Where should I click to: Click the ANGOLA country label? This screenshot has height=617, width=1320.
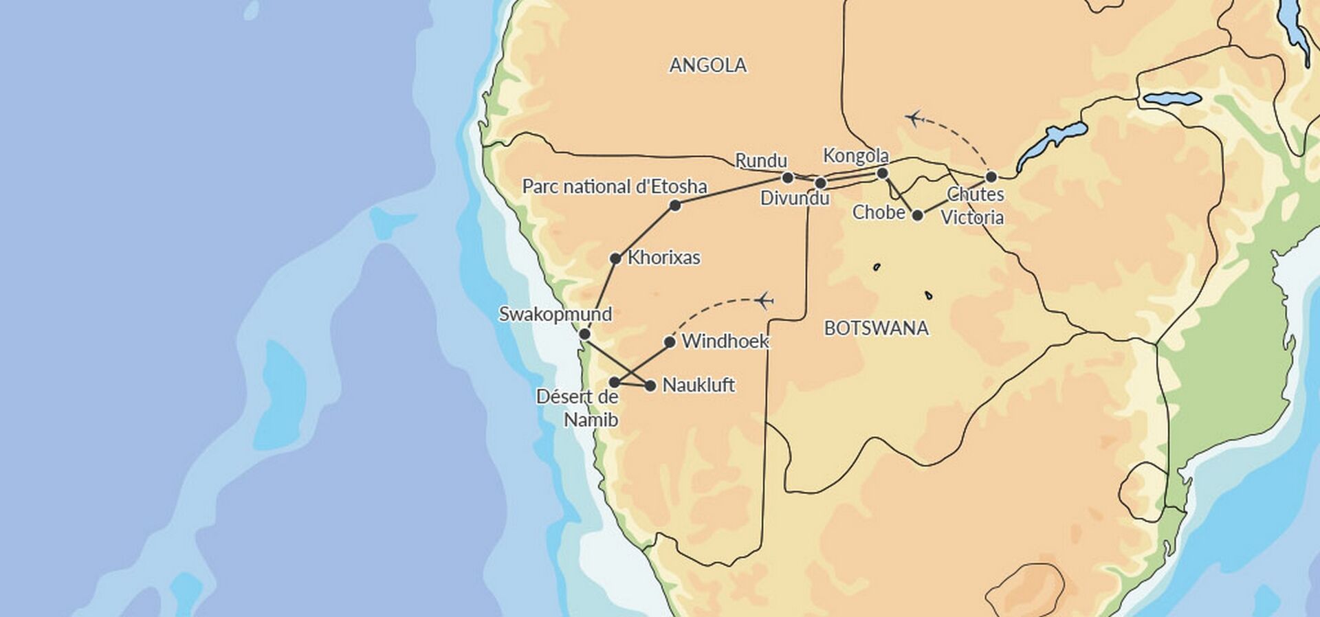[x=707, y=65]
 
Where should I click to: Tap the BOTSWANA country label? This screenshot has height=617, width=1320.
[x=876, y=328]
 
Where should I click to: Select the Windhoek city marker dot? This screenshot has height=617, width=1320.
[x=670, y=341]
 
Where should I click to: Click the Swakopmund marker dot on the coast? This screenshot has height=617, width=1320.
[x=584, y=334]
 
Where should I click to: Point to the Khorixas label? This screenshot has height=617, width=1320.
[x=664, y=258]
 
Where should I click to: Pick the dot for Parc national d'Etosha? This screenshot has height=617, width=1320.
[x=675, y=205]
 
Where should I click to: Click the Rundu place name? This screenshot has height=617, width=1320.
[x=761, y=161]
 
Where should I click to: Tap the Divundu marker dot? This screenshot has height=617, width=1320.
[x=820, y=183]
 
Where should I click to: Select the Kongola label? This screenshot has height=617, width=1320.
[x=856, y=156]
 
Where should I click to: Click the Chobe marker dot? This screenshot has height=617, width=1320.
[x=917, y=215]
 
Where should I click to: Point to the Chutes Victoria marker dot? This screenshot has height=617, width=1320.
[x=991, y=177]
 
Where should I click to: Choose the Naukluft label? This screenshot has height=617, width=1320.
[x=698, y=385]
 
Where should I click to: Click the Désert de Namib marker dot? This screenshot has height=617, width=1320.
[x=615, y=382]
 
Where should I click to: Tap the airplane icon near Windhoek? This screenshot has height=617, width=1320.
[x=763, y=300]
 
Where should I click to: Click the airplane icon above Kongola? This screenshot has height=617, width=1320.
[x=914, y=118]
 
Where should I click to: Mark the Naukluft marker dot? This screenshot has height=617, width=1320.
[x=650, y=385]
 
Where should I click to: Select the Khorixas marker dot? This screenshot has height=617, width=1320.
[x=616, y=258]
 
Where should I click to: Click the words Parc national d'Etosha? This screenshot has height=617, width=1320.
[x=615, y=186]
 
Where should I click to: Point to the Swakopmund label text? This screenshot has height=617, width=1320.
[x=555, y=314]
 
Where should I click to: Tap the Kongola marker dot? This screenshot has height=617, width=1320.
[x=883, y=173]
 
